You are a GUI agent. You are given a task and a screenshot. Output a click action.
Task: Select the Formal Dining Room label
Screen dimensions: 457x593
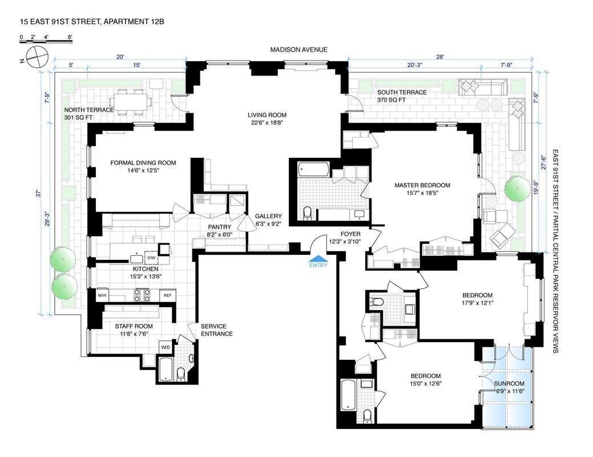(x=143, y=163)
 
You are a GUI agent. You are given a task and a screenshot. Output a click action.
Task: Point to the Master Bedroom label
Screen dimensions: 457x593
(x=422, y=185)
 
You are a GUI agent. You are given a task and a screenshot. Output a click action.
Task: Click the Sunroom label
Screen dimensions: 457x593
(x=509, y=383)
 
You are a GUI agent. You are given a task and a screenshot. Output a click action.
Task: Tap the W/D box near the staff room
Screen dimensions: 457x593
(x=166, y=347)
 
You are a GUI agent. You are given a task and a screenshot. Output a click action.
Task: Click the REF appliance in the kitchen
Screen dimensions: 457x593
(x=167, y=295)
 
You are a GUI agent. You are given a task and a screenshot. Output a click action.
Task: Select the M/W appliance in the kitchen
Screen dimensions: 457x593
(x=103, y=295)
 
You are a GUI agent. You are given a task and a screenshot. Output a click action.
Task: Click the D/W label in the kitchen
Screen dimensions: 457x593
(x=151, y=258)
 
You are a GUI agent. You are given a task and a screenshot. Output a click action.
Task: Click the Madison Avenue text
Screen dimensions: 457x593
(x=299, y=50)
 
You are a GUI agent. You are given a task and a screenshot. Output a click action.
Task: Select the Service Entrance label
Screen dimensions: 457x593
(x=216, y=330)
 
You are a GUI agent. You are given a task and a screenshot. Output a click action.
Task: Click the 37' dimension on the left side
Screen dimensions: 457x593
(x=37, y=193)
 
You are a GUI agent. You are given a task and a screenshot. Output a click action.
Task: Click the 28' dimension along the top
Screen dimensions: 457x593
(x=439, y=57)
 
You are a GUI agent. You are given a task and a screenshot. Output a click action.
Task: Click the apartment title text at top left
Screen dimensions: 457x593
(x=86, y=22)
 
